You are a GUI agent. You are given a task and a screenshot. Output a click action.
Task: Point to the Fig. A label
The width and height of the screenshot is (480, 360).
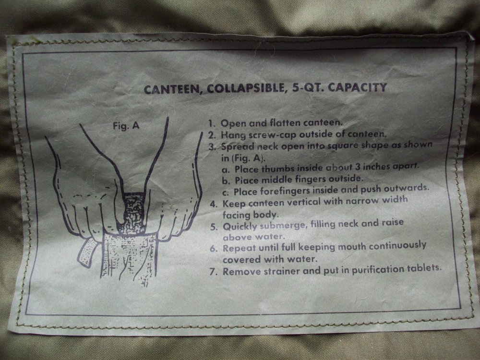126,125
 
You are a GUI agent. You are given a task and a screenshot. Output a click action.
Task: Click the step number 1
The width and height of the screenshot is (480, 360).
211,123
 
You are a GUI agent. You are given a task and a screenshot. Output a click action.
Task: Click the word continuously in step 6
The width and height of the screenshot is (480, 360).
397,246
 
